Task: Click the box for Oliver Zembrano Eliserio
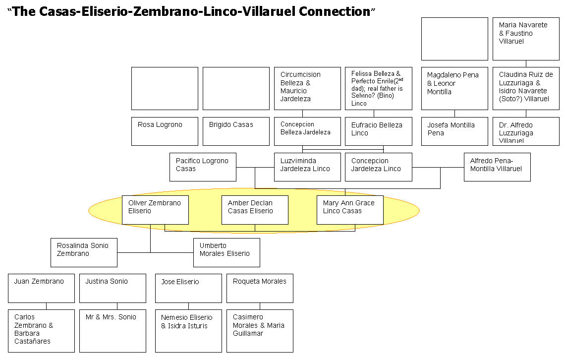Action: coord(155,210)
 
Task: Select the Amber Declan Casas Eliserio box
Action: coord(255,210)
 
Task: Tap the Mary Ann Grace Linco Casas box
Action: coord(350,210)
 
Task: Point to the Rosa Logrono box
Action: coord(165,131)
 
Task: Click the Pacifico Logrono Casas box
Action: coord(203,167)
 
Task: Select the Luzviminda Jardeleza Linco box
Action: coord(307,167)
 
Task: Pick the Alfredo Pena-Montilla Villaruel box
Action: coord(497,167)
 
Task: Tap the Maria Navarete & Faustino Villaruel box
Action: coord(526,39)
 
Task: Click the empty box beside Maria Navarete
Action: coord(454,39)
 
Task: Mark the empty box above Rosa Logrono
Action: coord(165,88)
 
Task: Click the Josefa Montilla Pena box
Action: coord(454,131)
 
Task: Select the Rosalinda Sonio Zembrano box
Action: coord(84,252)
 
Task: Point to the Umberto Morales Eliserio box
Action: coord(226,252)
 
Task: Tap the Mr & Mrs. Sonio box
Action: coord(113,331)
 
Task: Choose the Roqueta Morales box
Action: coord(260,288)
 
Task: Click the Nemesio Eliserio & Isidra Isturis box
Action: coord(188,331)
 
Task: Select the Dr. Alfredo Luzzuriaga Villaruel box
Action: coord(526,131)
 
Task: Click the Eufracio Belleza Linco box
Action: coord(378,131)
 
